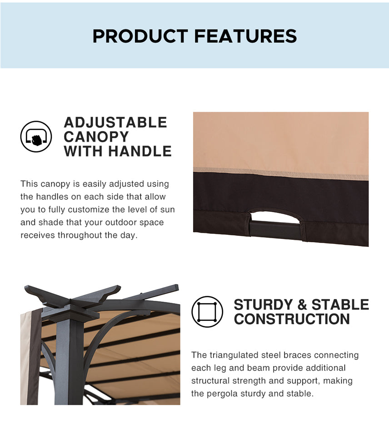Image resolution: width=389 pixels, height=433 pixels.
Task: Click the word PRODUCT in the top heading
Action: (140, 36)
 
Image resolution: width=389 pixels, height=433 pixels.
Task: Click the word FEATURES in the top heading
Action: (245, 36)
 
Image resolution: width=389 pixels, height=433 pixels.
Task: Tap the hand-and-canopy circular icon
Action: (36, 136)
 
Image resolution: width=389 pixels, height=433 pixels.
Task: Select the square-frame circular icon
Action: (207, 312)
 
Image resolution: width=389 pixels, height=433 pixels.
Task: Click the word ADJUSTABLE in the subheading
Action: (115, 122)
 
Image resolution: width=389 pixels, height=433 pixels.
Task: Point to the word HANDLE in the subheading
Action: (140, 151)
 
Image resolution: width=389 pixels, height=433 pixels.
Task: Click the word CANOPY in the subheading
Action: (96, 137)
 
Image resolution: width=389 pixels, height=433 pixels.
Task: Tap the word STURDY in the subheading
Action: (263, 304)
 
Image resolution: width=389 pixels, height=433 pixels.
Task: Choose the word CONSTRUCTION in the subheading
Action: (292, 319)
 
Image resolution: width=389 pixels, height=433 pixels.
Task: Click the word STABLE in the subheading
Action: (340, 304)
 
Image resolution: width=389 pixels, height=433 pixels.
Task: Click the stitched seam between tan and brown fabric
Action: (281, 174)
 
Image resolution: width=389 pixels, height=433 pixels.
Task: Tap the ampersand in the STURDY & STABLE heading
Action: (302, 305)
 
